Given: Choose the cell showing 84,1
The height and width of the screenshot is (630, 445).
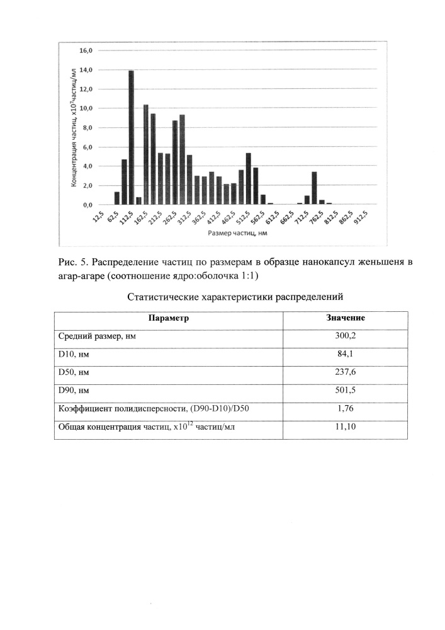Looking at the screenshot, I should [x=346, y=354].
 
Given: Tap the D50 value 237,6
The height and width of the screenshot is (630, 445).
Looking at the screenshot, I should [x=346, y=372].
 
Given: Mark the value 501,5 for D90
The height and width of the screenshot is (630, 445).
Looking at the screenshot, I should [x=346, y=391].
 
